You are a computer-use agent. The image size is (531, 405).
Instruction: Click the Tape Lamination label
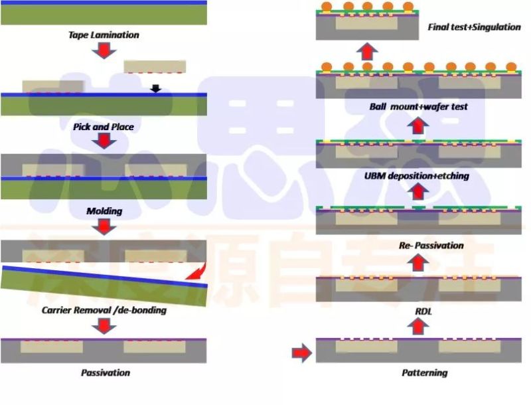coord(104,35)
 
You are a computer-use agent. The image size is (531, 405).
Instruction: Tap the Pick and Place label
coord(104,126)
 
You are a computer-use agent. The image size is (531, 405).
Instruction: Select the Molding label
coord(104,211)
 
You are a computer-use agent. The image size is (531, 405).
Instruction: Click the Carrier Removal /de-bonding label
coord(104,310)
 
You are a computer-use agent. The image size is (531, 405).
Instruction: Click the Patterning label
coord(425,372)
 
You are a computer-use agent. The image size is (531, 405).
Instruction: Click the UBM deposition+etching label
coord(417,176)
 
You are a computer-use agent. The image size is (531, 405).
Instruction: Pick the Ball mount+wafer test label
coord(419,106)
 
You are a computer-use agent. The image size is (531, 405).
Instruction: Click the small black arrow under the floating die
coord(155,88)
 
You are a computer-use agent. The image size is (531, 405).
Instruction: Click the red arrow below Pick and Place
coord(104,141)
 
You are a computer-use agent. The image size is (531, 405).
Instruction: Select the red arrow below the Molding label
coord(104,226)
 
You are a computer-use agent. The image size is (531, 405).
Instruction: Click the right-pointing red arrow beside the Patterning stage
coord(302,353)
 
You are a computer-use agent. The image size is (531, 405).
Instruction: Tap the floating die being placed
coord(155,66)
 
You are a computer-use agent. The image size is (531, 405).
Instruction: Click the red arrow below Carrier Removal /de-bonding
coord(104,325)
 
